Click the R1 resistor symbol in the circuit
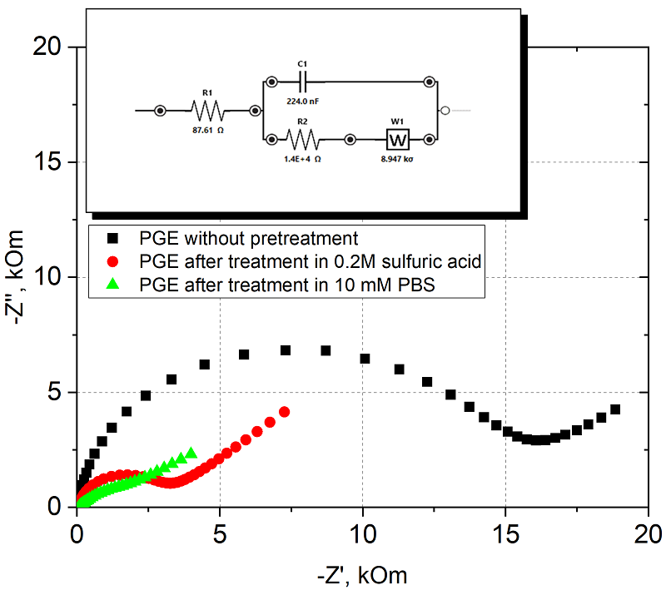pos(206,110)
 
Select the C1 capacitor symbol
pos(302,82)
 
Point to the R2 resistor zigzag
pos(301,138)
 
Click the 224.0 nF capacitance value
pos(302,101)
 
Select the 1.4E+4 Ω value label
pos(302,157)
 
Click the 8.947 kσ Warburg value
pos(396,157)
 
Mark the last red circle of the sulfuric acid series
pos(284,412)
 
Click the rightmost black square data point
pos(615,409)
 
